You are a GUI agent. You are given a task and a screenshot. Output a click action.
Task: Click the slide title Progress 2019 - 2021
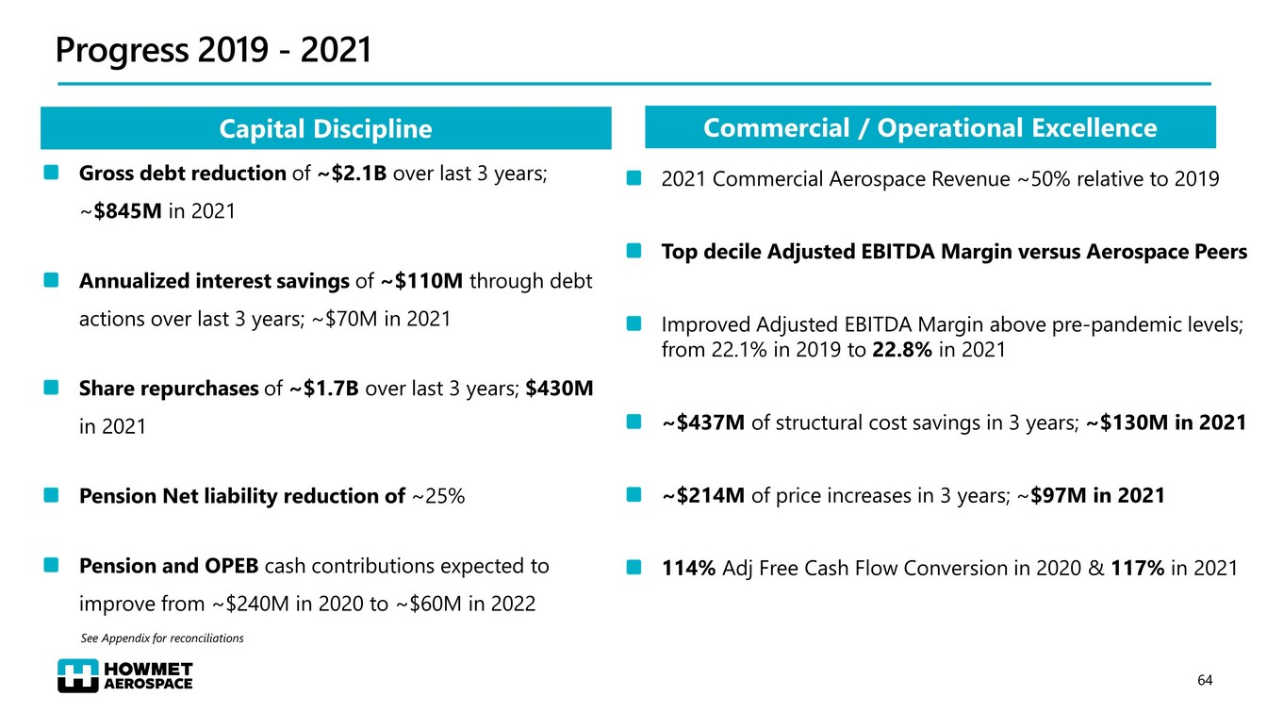213,51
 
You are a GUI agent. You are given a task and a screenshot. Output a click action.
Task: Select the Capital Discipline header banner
325,129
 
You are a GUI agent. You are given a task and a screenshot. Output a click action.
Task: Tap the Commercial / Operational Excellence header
930,127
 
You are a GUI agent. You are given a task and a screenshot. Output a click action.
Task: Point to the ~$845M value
122,211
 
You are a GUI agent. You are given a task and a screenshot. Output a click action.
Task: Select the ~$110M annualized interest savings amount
421,281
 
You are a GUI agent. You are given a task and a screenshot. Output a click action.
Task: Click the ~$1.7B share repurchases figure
324,389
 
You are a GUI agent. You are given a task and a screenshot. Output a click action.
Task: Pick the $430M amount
559,389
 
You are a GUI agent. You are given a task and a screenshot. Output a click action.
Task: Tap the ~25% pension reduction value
438,496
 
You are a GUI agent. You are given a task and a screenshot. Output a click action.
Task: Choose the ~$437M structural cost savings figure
703,423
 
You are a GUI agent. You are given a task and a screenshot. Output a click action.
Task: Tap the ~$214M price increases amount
703,495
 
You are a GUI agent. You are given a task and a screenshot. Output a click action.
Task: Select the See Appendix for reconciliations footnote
162,638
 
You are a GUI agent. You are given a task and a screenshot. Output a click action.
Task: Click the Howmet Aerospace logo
124,675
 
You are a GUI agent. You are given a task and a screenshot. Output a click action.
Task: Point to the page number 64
1205,680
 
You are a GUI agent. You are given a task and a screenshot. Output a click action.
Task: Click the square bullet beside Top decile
635,252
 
